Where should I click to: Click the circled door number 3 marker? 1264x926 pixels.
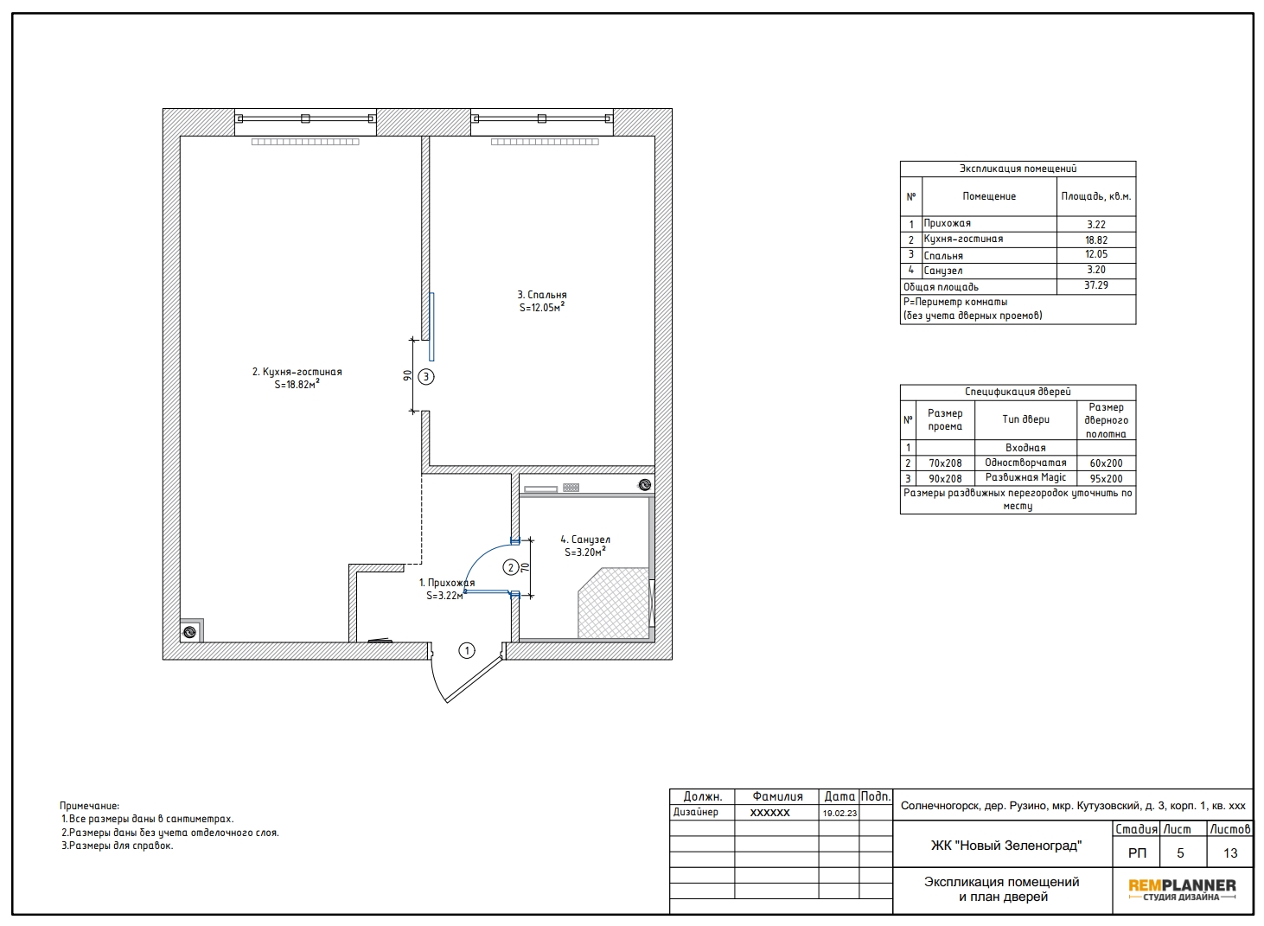click(x=426, y=376)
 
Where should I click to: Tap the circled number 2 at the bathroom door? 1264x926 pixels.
click(x=511, y=567)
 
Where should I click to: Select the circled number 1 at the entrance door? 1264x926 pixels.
click(x=467, y=651)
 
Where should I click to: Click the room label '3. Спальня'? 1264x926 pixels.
click(x=542, y=295)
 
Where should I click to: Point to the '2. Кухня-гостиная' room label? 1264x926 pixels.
click(x=297, y=372)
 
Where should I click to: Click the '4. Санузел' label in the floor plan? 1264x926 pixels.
click(x=585, y=540)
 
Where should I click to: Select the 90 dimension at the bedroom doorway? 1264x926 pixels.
click(x=407, y=376)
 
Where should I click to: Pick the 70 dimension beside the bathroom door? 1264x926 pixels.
click(x=525, y=568)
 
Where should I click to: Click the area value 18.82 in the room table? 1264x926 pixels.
click(x=1096, y=239)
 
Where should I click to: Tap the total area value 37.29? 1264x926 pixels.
click(x=1096, y=285)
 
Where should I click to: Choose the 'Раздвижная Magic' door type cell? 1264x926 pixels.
click(x=1025, y=477)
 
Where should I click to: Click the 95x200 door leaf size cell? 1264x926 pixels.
click(x=1106, y=478)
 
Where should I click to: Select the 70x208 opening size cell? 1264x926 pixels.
click(x=945, y=463)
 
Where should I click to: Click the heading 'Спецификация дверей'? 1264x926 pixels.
click(x=1018, y=392)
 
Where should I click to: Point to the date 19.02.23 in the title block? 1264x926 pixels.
click(x=839, y=813)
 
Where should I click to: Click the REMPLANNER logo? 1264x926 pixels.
click(x=1182, y=890)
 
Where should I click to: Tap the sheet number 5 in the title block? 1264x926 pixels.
click(x=1180, y=853)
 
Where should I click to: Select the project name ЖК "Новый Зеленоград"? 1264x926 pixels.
click(x=1005, y=846)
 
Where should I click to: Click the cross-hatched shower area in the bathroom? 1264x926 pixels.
click(x=613, y=603)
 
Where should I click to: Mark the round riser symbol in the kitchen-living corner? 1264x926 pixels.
click(x=189, y=632)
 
